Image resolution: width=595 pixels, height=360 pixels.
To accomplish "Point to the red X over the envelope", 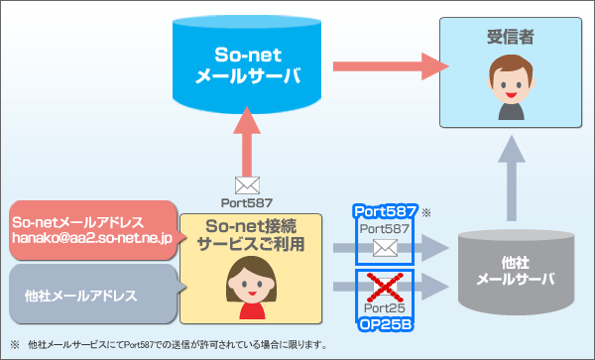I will pos(385,287).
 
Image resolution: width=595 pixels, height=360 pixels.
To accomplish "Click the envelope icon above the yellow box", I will pos(246,184).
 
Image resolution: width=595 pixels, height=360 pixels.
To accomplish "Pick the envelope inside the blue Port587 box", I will pos(384,249).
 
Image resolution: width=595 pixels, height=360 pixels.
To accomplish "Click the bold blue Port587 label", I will pos(384,212).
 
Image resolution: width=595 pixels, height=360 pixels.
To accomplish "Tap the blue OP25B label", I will pos(385,323).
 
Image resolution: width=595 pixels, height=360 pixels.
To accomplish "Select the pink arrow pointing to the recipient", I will pos(385,66).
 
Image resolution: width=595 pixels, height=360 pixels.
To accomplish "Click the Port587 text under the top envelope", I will pos(246,202).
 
